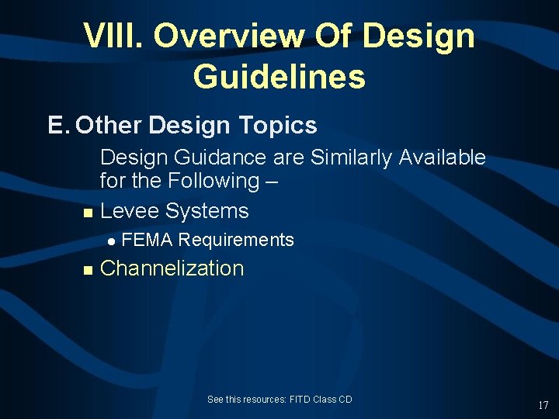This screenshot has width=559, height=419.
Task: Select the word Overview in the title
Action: tap(223, 36)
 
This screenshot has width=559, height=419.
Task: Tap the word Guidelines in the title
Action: tap(279, 77)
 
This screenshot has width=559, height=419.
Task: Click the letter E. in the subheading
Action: tap(58, 125)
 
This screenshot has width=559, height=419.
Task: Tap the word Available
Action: tap(443, 158)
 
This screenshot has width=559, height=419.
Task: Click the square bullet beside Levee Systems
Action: tap(87, 213)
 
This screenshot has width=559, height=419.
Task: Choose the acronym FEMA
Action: tap(148, 240)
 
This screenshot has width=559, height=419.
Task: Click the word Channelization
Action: tap(172, 268)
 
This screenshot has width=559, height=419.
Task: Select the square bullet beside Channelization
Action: tap(87, 270)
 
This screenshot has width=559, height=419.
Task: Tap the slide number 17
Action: tap(543, 405)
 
